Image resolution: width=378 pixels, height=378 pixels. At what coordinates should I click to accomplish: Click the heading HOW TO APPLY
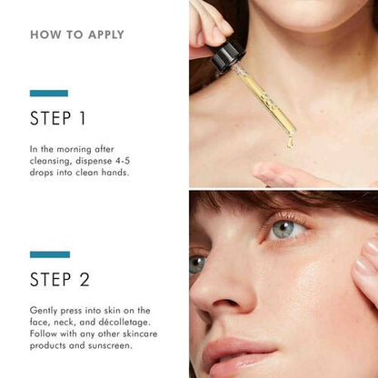pos(77,35)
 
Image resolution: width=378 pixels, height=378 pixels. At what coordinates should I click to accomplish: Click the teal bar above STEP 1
pos(49,93)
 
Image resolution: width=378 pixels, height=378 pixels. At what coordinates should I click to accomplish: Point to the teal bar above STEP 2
pos(49,254)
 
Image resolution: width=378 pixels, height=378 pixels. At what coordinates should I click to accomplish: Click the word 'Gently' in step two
pos(48,311)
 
